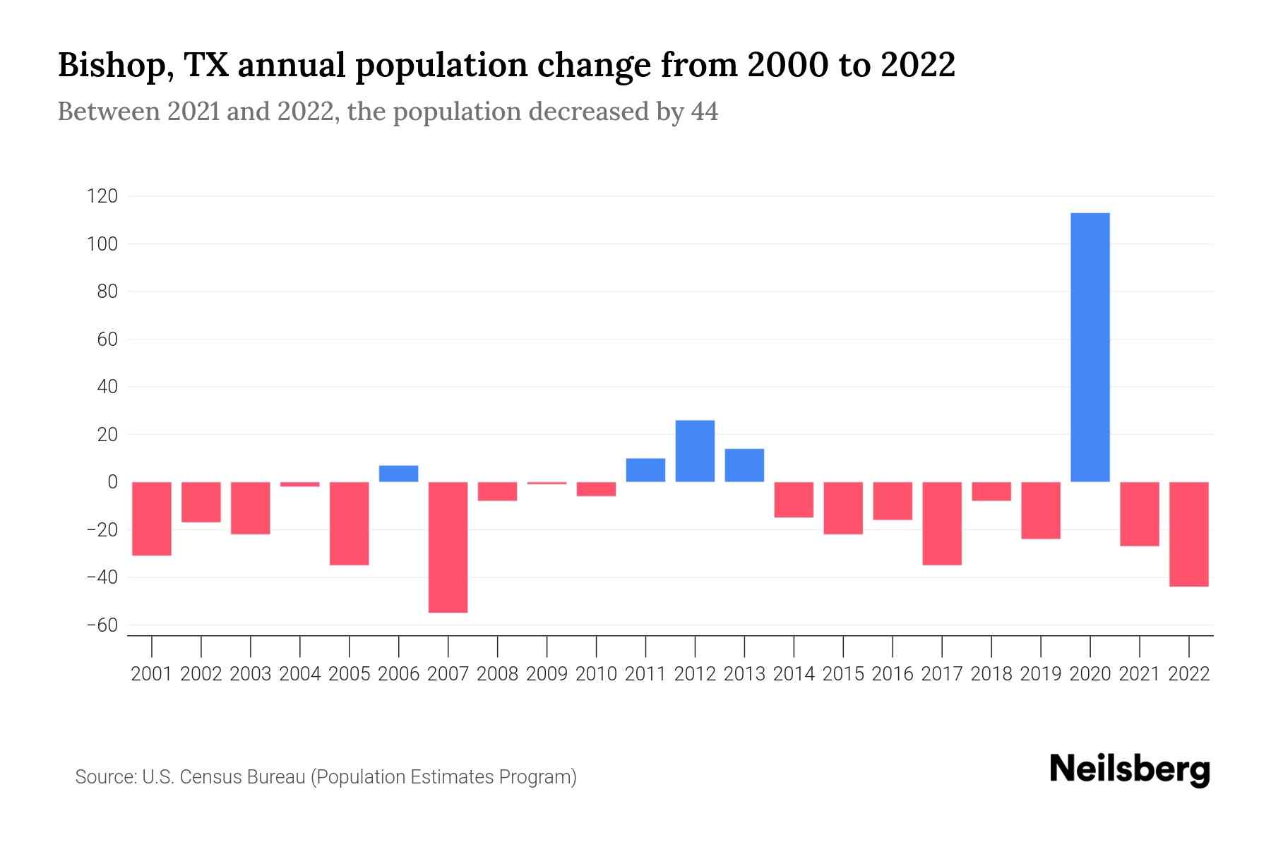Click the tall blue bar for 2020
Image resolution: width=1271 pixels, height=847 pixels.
click(x=1090, y=347)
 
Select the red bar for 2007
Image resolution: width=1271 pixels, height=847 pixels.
click(x=448, y=547)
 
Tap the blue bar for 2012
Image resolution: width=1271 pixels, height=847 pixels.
click(x=695, y=451)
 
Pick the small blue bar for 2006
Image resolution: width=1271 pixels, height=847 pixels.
click(x=399, y=474)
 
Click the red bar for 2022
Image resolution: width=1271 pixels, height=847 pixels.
click(x=1189, y=534)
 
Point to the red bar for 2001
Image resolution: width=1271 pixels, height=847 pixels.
click(x=152, y=519)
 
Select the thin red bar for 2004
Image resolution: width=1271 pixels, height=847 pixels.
click(x=300, y=484)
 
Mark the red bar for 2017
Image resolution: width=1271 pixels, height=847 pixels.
click(x=942, y=523)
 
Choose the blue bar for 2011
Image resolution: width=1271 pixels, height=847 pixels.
click(x=645, y=470)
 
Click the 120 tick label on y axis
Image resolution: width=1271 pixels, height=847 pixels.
click(x=102, y=196)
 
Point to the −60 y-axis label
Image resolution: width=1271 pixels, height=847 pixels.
click(x=102, y=625)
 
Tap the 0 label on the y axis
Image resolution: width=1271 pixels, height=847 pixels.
click(x=112, y=482)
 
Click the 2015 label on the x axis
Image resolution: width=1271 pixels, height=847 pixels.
click(x=843, y=674)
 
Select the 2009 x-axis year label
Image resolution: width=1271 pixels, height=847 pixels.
click(x=547, y=674)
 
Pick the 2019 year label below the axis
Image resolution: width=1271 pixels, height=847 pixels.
click(x=1041, y=674)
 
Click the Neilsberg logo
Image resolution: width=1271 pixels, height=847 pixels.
click(x=1130, y=769)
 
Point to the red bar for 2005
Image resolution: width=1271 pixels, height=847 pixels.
click(x=350, y=523)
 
